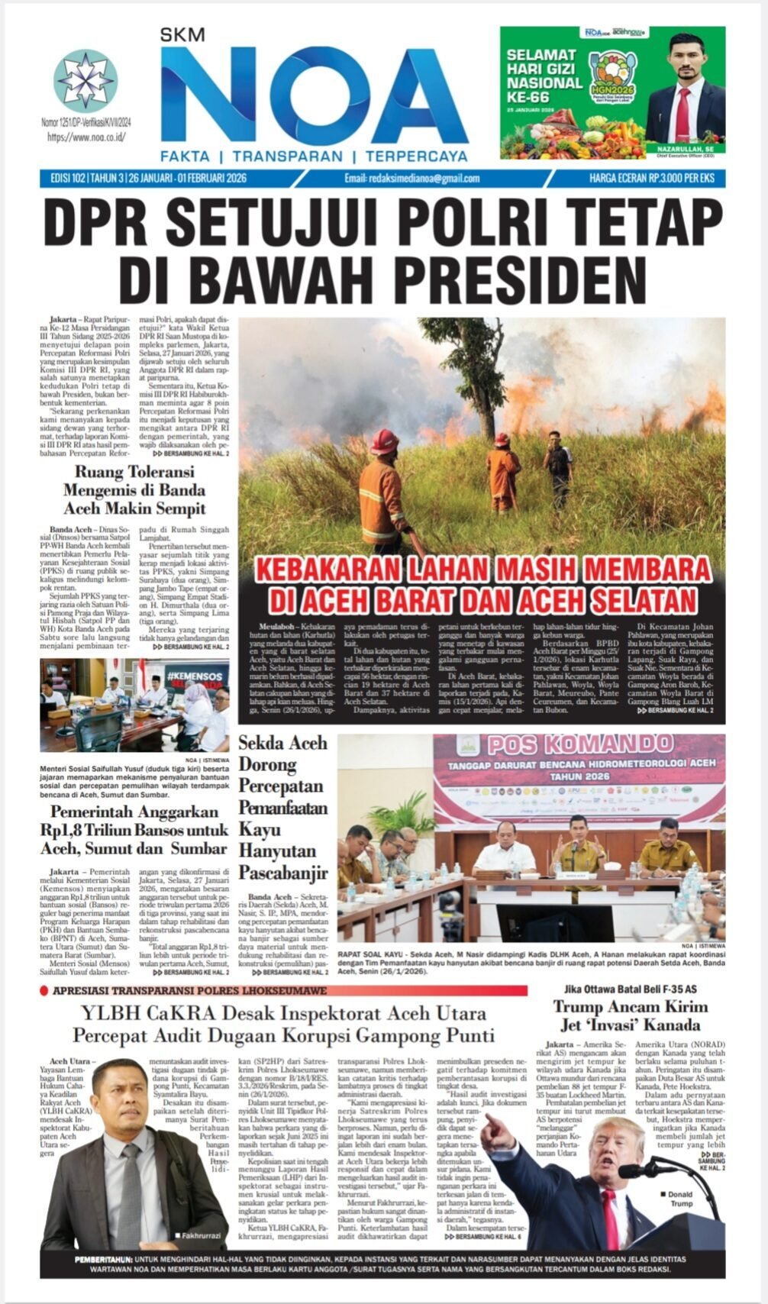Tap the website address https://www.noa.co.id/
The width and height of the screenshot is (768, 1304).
pyautogui.click(x=86, y=137)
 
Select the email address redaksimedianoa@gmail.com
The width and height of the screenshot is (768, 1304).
pyautogui.click(x=412, y=179)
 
